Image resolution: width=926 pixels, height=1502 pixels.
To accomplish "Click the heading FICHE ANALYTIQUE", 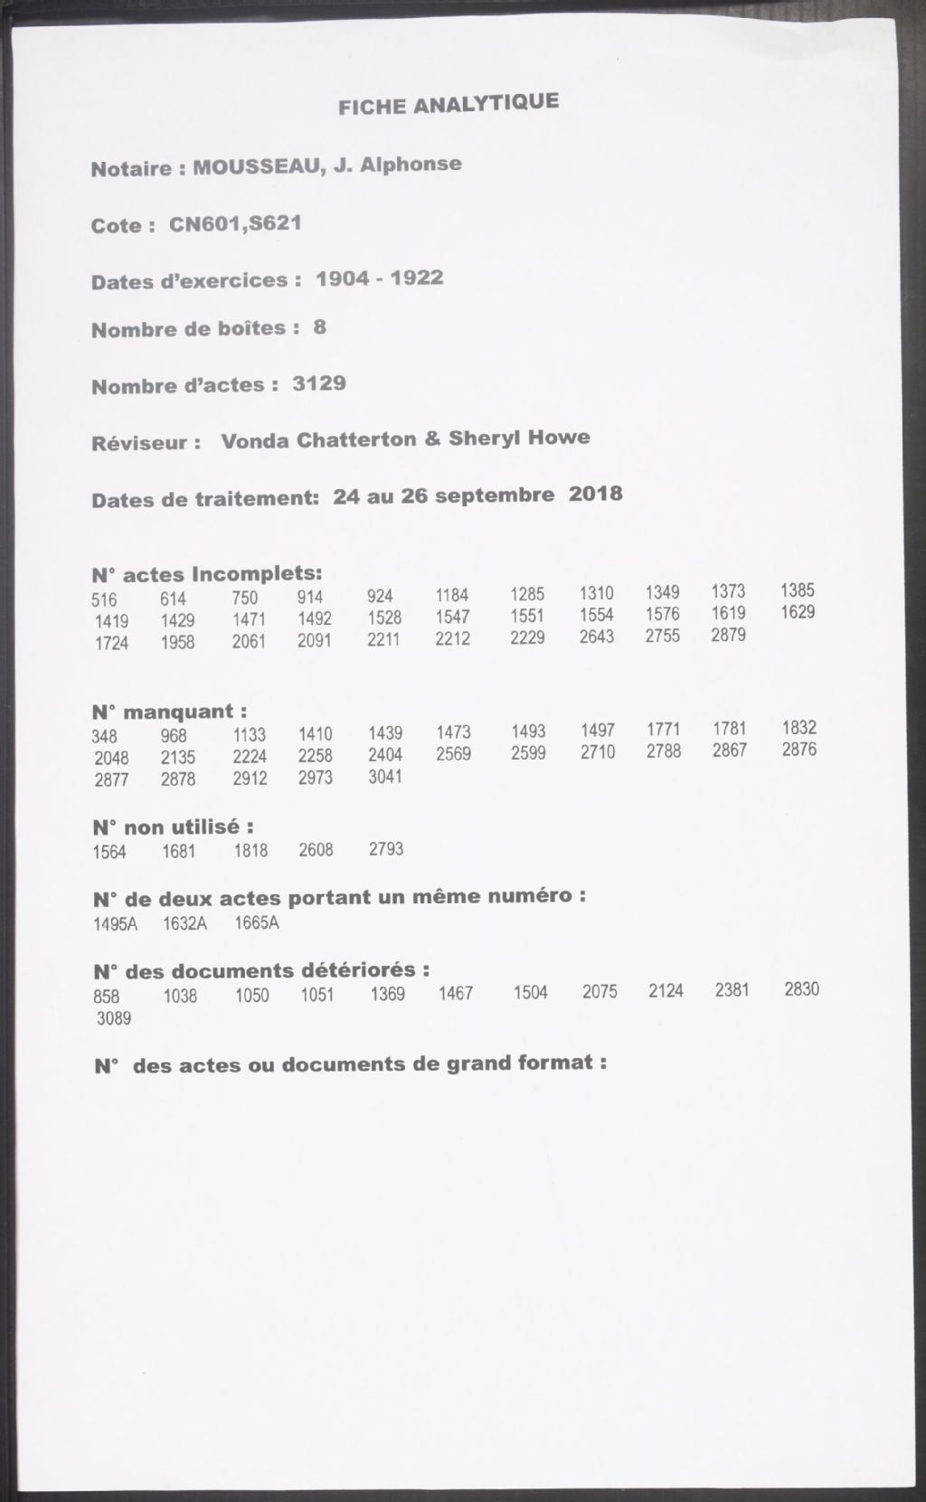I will (x=448, y=103).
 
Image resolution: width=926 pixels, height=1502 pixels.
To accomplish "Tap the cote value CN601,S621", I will (x=235, y=222).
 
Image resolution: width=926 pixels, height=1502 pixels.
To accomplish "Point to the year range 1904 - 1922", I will (x=380, y=278).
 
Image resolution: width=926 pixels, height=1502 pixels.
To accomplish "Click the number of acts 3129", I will (x=319, y=383).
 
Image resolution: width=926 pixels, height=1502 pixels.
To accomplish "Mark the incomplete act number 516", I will (x=104, y=600).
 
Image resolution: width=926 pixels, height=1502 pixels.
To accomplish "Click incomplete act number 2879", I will (x=729, y=635).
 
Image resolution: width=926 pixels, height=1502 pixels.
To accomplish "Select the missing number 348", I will (x=104, y=736).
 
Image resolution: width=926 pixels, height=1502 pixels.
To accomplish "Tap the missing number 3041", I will (x=385, y=777).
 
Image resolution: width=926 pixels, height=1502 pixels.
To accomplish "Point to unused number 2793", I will (x=386, y=849).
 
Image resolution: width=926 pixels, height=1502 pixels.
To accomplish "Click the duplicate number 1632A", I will (x=184, y=923).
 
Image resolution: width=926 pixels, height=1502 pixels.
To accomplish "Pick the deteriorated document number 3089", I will (x=114, y=1019).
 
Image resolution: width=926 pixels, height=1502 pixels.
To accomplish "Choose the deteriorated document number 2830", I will (x=801, y=988).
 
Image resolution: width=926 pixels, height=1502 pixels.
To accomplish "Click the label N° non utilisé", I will (x=173, y=827).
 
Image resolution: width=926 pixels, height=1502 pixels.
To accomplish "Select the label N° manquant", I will (x=170, y=712).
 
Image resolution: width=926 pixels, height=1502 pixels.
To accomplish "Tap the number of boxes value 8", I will (x=320, y=327).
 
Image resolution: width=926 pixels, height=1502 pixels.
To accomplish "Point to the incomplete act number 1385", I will (x=798, y=590).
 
